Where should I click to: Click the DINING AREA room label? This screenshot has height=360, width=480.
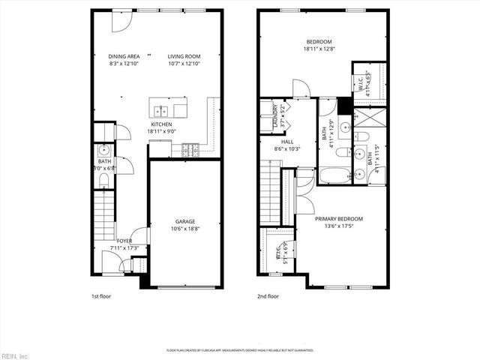pos(124,55)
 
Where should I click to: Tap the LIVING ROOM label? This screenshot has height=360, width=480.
pos(184,55)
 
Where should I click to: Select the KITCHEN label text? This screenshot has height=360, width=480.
pos(161,124)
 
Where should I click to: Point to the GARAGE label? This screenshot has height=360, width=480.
pos(185,221)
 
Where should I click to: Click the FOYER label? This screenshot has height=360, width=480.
pos(124,241)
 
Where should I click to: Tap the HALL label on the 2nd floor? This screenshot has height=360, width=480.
pos(287,141)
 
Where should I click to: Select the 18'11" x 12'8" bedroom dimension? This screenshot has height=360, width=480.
pos(319,49)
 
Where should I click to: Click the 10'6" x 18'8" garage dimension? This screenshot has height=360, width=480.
pos(185,228)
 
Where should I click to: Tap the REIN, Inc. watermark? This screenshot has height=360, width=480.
pos(14,355)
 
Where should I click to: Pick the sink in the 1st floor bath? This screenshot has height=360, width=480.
pos(103,150)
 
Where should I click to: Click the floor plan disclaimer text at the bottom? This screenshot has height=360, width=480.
pos(240,349)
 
